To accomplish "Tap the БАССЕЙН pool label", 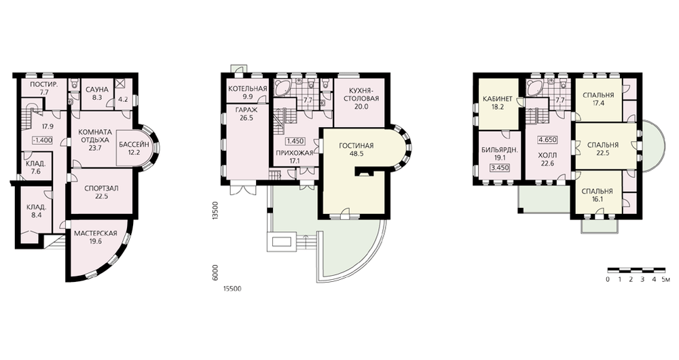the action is pos(134,144).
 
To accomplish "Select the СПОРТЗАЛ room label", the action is pos(102,188).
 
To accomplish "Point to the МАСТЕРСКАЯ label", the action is pos(95,234).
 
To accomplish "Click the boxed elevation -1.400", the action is pos(42,140).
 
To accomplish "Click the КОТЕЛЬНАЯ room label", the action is pos(247,89).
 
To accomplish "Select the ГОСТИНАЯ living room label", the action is pos(356,145).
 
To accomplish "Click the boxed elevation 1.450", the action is pos(295,141).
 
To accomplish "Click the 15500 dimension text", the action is pos(232,289).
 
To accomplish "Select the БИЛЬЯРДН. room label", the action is pos(500,151).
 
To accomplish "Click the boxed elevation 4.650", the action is pos(547,140).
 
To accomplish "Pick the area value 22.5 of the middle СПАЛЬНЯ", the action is pos(602,153).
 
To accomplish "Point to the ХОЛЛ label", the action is pos(547,155).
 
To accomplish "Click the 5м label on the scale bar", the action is pos(667,279).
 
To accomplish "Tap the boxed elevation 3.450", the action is pos(499,168).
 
